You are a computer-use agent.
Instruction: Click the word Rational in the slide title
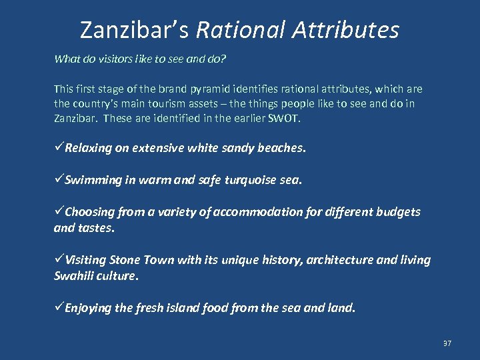click(238, 30)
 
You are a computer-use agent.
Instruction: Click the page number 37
click(447, 343)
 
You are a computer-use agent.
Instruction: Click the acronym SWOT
click(285, 119)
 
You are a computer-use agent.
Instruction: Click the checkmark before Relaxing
click(59, 148)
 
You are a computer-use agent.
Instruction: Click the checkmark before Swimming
click(59, 180)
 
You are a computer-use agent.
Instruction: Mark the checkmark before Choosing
click(59, 212)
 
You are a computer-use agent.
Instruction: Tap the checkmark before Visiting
click(59, 260)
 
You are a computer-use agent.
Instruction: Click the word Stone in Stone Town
click(124, 260)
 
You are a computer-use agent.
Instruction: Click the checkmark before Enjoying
click(59, 308)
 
